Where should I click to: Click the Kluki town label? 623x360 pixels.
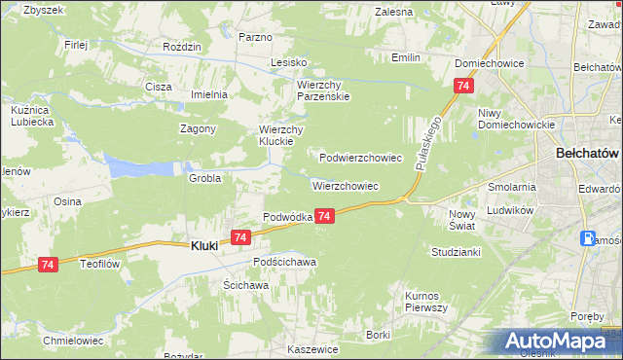tap(201, 247)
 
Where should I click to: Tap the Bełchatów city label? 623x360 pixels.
tap(587, 154)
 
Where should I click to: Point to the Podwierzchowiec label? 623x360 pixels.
tap(361, 157)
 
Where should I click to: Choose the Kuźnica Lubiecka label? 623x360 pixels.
tap(30, 117)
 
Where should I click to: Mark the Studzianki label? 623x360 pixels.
tap(456, 251)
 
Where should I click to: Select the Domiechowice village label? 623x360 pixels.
tap(490, 63)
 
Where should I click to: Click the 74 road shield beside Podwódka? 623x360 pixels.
tap(325, 215)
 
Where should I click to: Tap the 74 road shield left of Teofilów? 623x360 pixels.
tap(48, 264)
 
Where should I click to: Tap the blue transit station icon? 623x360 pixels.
tap(588, 238)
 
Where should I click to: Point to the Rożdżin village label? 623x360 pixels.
tap(182, 47)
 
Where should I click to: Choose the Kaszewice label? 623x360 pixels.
tap(311, 348)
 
